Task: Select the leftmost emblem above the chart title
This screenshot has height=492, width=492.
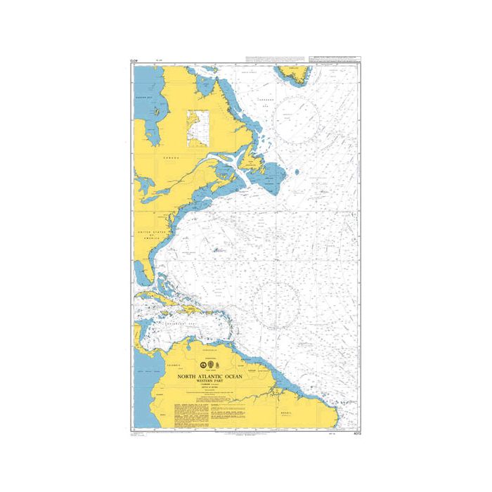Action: click(x=202, y=364)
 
